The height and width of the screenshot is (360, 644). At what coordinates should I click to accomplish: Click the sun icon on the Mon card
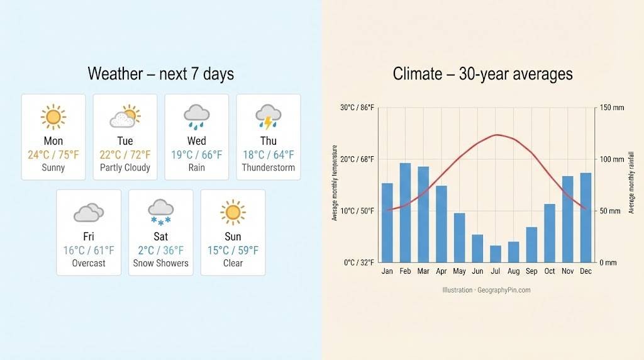tap(53, 117)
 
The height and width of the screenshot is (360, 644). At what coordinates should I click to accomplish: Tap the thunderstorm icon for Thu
tap(268, 117)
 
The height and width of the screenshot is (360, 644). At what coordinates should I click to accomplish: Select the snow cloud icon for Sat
tap(161, 212)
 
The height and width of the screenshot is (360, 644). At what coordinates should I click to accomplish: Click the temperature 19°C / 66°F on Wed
tap(197, 155)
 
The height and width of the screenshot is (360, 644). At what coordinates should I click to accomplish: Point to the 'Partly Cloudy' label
tap(125, 167)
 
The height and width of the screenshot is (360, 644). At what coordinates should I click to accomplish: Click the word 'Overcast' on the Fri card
tap(89, 263)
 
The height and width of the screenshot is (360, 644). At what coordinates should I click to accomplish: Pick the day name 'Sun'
tap(233, 237)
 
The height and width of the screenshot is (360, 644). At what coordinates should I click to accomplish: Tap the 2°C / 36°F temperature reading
tap(161, 250)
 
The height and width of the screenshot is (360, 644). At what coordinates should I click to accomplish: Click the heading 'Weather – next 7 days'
tap(160, 74)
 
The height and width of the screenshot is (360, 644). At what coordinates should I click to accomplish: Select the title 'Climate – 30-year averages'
tap(482, 74)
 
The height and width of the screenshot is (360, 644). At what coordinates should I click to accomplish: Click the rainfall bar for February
tap(405, 213)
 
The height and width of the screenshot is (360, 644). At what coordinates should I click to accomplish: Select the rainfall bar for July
tap(496, 254)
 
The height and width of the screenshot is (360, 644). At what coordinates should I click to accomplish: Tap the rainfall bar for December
tap(586, 217)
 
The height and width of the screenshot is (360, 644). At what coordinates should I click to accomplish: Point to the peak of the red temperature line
tap(497, 135)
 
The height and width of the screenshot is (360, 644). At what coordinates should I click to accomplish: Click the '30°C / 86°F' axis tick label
tap(357, 108)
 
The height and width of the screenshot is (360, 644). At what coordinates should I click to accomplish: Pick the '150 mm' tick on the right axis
tap(612, 108)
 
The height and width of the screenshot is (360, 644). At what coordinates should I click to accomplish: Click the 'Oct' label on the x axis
tap(549, 272)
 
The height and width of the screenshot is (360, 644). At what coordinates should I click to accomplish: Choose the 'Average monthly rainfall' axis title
tap(631, 183)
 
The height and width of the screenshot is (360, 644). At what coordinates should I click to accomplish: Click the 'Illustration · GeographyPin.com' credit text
tap(486, 290)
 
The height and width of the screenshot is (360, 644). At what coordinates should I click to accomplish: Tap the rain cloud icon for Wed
tap(197, 117)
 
